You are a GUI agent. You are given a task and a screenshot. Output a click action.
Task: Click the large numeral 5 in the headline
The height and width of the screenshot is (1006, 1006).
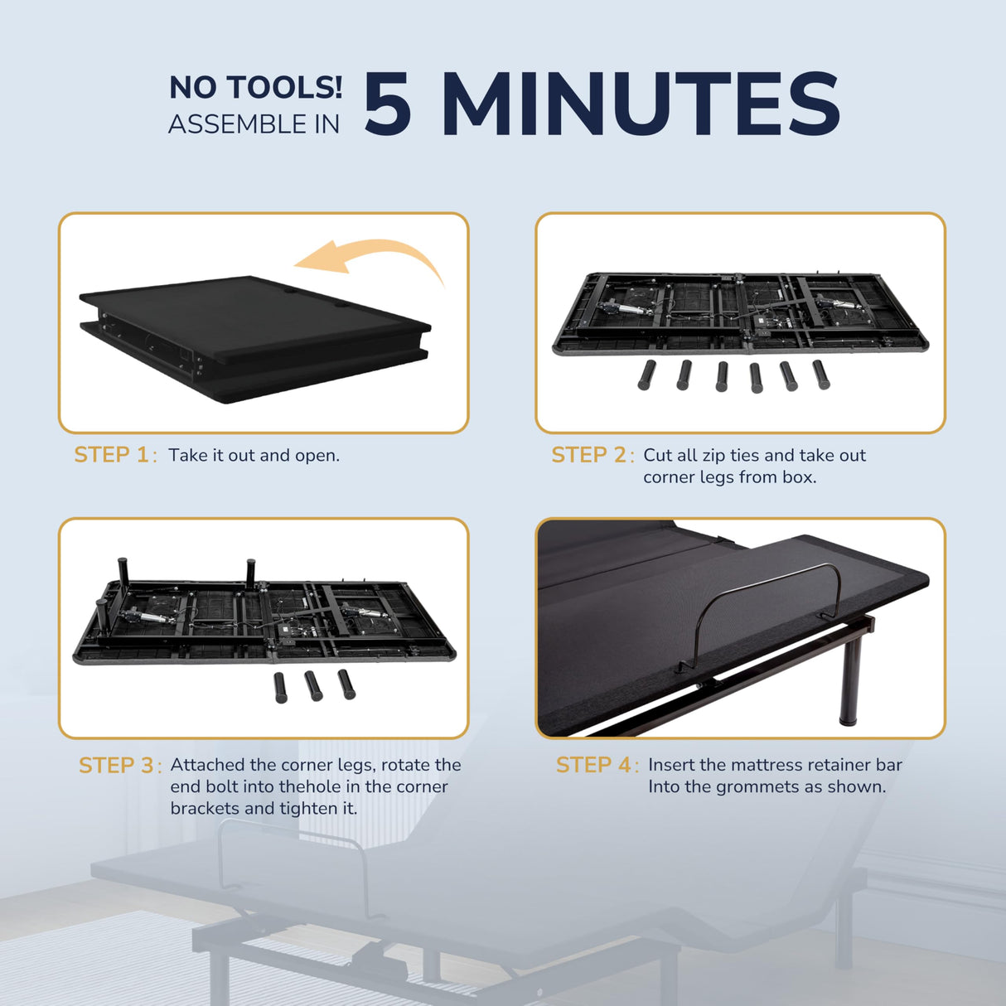point(388,104)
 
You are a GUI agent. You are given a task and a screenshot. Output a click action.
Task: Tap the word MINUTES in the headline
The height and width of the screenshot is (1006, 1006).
point(641,104)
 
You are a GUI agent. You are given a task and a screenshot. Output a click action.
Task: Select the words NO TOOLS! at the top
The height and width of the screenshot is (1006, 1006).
point(255,87)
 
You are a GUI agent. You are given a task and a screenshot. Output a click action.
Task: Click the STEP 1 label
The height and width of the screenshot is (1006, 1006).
point(112,455)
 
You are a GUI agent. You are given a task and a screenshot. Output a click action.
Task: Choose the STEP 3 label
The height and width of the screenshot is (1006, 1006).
point(116,765)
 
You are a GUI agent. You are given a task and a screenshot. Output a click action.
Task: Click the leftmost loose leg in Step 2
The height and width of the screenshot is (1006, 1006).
point(646,375)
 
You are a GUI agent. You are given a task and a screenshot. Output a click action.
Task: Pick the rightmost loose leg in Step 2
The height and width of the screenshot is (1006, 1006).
point(820,375)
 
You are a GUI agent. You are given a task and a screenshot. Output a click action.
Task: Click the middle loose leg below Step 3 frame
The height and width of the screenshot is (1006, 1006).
point(312,685)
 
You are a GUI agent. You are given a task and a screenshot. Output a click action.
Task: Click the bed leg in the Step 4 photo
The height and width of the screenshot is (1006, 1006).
point(850,680)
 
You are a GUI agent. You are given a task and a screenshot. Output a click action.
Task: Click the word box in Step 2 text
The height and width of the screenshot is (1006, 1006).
point(800,476)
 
